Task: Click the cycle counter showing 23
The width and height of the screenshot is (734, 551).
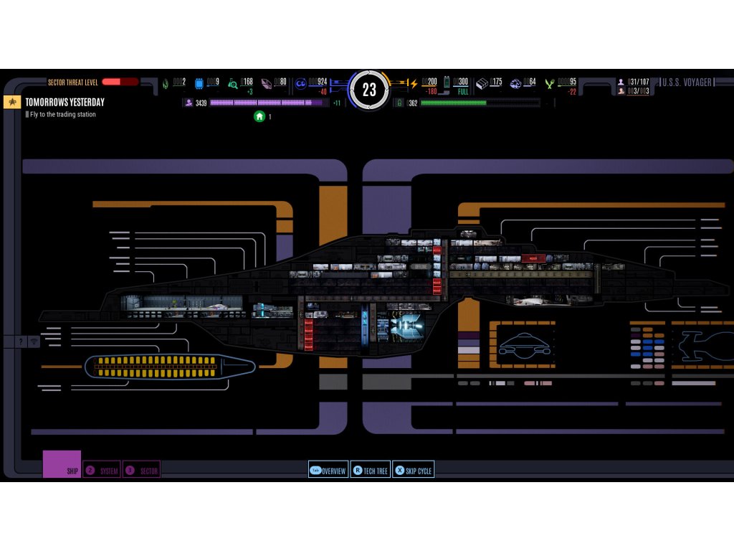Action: pyautogui.click(x=369, y=90)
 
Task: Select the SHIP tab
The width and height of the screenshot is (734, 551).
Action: pyautogui.click(x=62, y=465)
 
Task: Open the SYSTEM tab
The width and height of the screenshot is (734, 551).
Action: pyautogui.click(x=102, y=471)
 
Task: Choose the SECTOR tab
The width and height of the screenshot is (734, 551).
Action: pyautogui.click(x=141, y=471)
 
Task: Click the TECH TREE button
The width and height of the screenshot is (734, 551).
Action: pyautogui.click(x=370, y=471)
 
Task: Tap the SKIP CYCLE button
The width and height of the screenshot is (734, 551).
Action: pyautogui.click(x=414, y=471)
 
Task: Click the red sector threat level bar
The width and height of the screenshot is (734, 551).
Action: pyautogui.click(x=120, y=82)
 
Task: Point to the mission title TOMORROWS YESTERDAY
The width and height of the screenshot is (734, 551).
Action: pyautogui.click(x=65, y=103)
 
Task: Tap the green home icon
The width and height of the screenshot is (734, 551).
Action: pyautogui.click(x=259, y=116)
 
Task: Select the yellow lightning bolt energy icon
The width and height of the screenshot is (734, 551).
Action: pyautogui.click(x=413, y=83)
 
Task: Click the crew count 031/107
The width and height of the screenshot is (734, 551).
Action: pyautogui.click(x=638, y=82)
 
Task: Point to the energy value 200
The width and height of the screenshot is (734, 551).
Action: pyautogui.click(x=429, y=82)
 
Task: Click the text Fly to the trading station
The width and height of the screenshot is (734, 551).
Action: pyautogui.click(x=63, y=115)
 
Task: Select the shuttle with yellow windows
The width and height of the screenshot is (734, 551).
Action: pyautogui.click(x=169, y=367)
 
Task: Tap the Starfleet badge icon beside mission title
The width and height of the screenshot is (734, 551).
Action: pyautogui.click(x=12, y=102)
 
